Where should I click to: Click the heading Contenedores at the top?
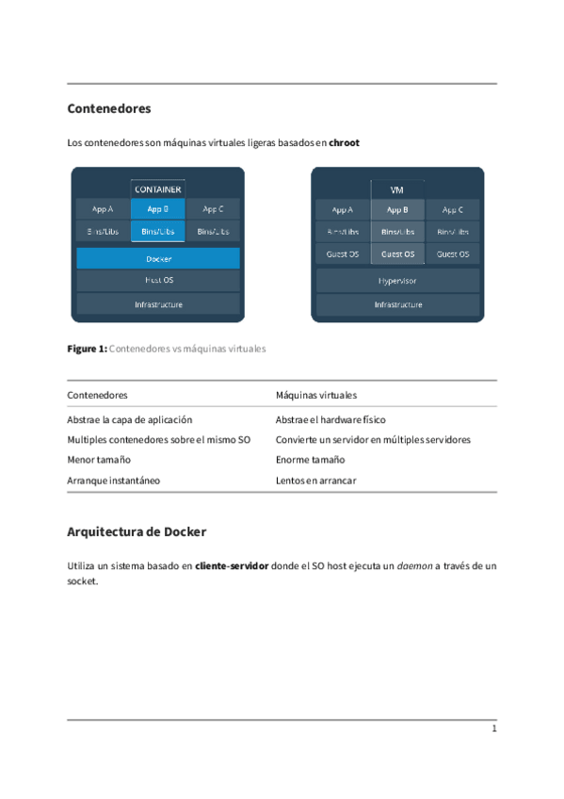(109, 108)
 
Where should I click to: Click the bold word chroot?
(344, 143)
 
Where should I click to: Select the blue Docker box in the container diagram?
(158, 258)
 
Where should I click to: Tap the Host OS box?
(158, 280)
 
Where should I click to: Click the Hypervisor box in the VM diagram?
(397, 281)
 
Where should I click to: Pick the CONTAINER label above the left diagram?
(158, 189)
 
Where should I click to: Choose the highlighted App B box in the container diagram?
(158, 209)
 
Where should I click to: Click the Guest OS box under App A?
(343, 254)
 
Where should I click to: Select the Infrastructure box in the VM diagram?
(397, 304)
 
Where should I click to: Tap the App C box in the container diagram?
(213, 209)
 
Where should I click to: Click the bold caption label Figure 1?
(87, 349)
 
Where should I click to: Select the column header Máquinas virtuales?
(315, 395)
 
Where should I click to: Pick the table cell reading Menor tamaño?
(99, 460)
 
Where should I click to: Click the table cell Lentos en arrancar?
(315, 481)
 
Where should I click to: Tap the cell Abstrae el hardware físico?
(330, 420)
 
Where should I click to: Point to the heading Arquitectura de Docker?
(137, 531)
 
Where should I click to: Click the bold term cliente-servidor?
(232, 566)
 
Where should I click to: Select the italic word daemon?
(412, 566)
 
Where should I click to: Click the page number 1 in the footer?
(493, 729)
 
